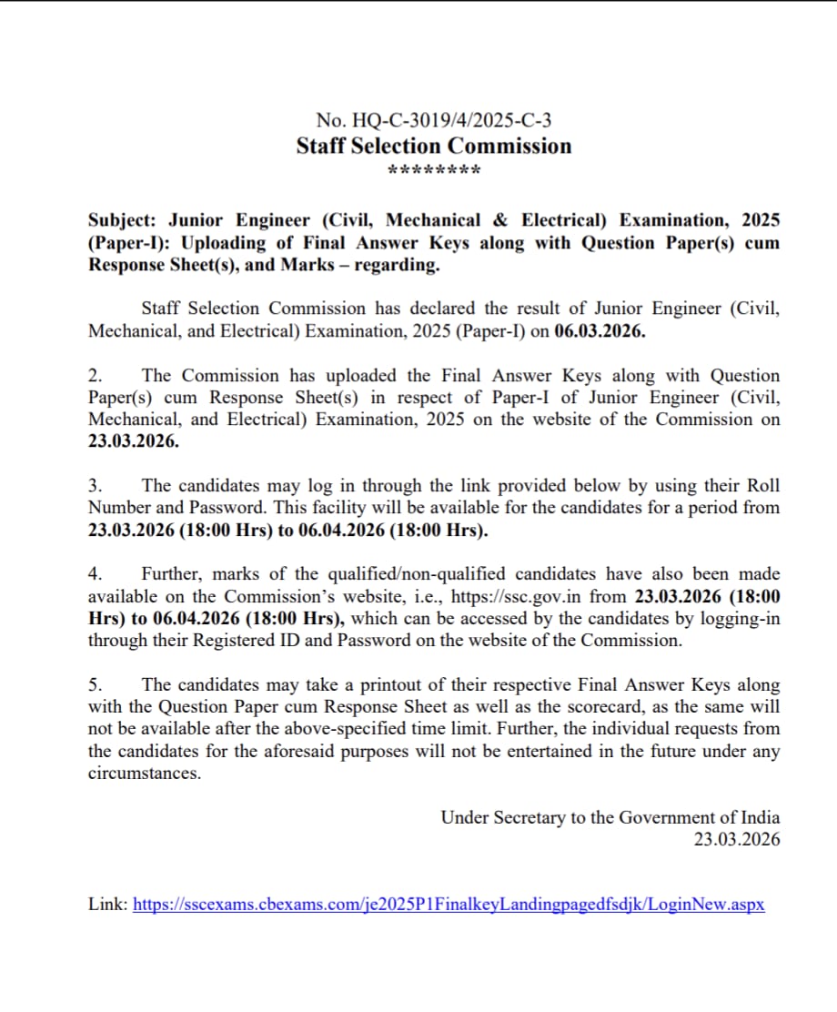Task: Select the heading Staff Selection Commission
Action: pyautogui.click(x=434, y=147)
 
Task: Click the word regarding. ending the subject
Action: pyautogui.click(x=398, y=266)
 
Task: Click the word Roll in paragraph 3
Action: pyautogui.click(x=761, y=486)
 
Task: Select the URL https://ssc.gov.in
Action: pyautogui.click(x=531, y=596)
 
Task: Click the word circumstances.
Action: pyautogui.click(x=144, y=773)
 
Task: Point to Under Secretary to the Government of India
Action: pyautogui.click(x=610, y=817)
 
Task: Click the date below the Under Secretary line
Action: pyautogui.click(x=736, y=839)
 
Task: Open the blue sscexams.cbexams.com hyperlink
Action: pyautogui.click(x=449, y=905)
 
